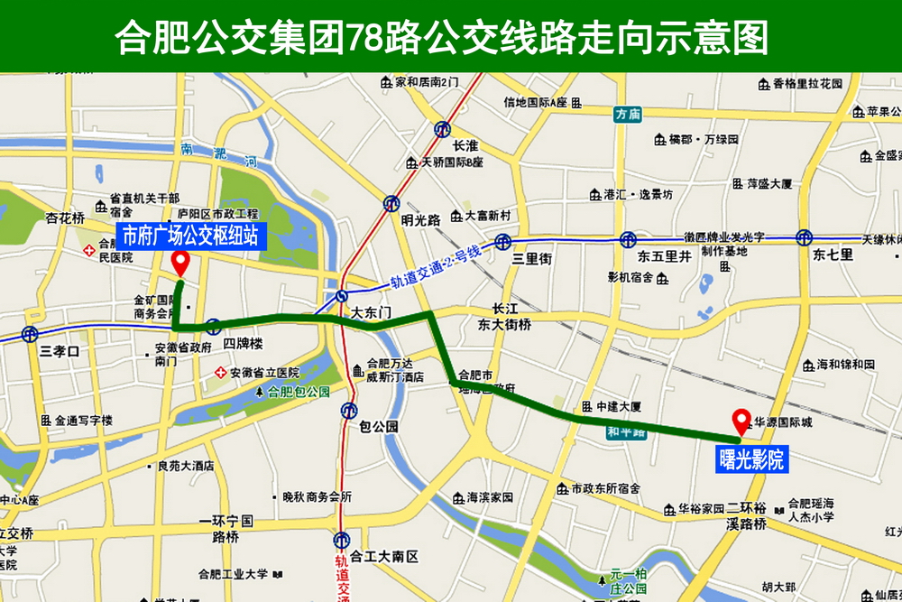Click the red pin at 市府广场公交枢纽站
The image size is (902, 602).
(180, 264)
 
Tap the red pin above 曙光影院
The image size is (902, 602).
(741, 421)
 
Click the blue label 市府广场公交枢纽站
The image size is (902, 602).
(190, 236)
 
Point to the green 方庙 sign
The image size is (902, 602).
(626, 114)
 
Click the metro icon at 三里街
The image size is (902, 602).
(503, 242)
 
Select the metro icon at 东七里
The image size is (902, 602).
(804, 237)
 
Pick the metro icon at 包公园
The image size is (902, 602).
(349, 411)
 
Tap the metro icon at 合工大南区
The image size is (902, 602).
(340, 540)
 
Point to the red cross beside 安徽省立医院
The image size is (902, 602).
(219, 373)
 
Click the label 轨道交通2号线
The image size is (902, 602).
(436, 268)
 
